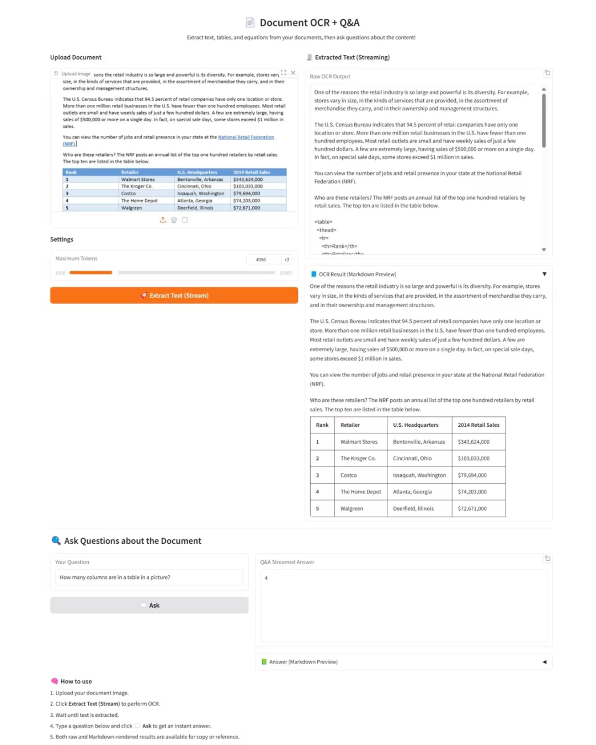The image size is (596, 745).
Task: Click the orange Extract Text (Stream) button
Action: [174, 296]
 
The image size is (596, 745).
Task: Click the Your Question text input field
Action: [149, 577]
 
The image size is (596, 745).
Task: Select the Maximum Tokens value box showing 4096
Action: [262, 260]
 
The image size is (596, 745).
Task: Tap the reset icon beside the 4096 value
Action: [287, 260]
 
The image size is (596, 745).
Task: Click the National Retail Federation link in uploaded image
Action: [246, 137]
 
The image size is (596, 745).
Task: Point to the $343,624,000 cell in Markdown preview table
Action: [473, 442]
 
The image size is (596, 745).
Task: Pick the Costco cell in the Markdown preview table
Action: [349, 475]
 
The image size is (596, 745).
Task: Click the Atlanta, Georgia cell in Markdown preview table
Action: [412, 492]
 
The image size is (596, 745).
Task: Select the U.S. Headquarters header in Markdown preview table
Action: [416, 425]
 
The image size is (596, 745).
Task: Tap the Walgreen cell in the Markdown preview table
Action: [352, 508]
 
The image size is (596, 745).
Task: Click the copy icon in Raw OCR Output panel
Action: [547, 73]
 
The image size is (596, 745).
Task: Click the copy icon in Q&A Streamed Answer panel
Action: [547, 558]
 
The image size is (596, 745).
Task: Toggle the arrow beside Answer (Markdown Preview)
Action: [544, 662]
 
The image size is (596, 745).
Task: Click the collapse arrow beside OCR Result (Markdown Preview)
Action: [544, 274]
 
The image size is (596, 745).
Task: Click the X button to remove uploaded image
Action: [293, 73]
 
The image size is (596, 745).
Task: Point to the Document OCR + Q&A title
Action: [309, 23]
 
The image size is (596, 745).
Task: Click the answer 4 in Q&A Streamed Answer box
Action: [266, 578]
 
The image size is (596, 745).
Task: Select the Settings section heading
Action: [62, 239]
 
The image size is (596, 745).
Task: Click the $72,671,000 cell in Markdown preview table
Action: [472, 508]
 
